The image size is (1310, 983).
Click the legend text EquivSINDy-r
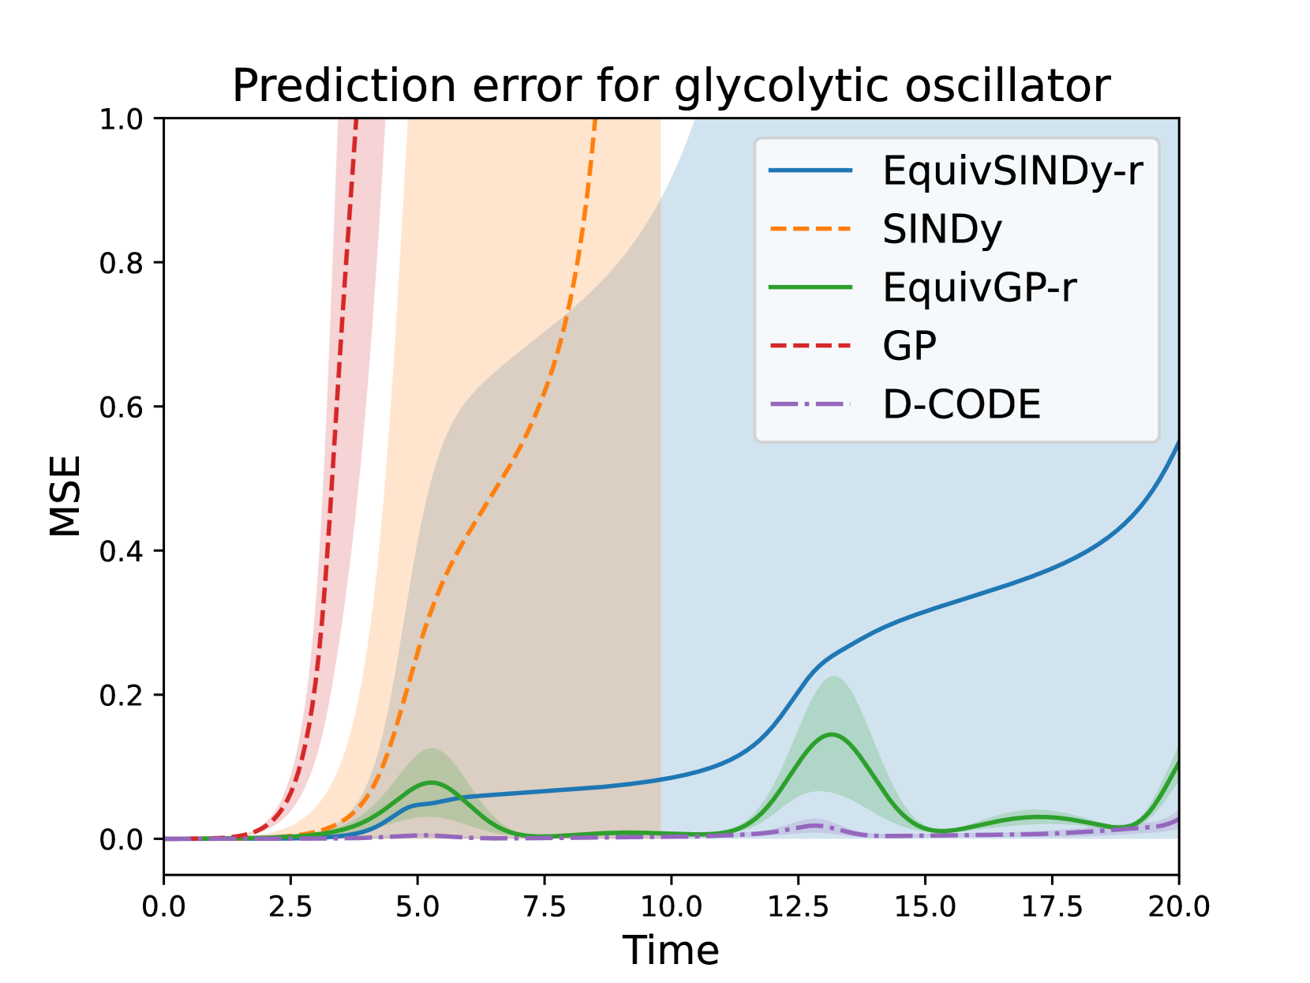[x=1012, y=171]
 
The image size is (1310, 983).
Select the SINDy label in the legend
[x=941, y=230]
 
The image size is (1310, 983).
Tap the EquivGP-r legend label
[x=979, y=287]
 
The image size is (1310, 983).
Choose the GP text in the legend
[x=909, y=346]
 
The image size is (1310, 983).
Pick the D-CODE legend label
[x=961, y=404]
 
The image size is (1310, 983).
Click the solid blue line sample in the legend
[x=810, y=171]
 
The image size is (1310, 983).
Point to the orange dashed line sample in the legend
[x=810, y=229]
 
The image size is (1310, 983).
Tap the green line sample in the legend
[x=810, y=287]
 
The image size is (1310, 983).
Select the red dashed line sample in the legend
[x=810, y=345]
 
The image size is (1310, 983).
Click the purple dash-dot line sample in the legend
[x=810, y=403]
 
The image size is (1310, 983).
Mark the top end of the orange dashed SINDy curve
[x=566, y=317]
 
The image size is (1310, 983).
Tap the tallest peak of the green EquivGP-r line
[x=833, y=734]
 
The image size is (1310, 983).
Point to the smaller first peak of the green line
[x=431, y=782]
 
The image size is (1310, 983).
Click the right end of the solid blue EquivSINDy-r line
[x=659, y=779]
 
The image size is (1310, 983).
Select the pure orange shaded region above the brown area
[x=513, y=237]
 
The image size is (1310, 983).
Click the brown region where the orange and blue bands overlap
[x=568, y=553]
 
